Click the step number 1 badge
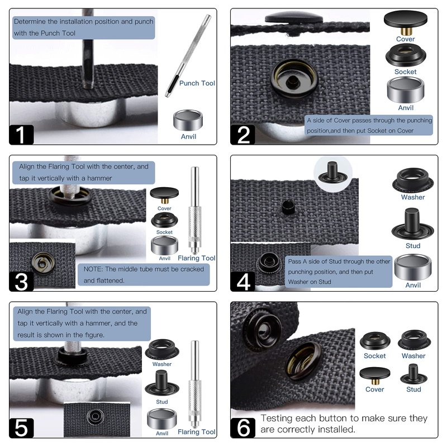pos(21,134)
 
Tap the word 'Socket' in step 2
pos(406,72)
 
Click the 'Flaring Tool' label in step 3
pos(196,258)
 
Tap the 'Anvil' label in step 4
pos(413,285)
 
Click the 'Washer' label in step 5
pos(162,364)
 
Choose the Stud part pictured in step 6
pos(413,373)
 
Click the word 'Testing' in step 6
pos(278,419)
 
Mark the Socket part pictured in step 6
pos(374,341)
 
